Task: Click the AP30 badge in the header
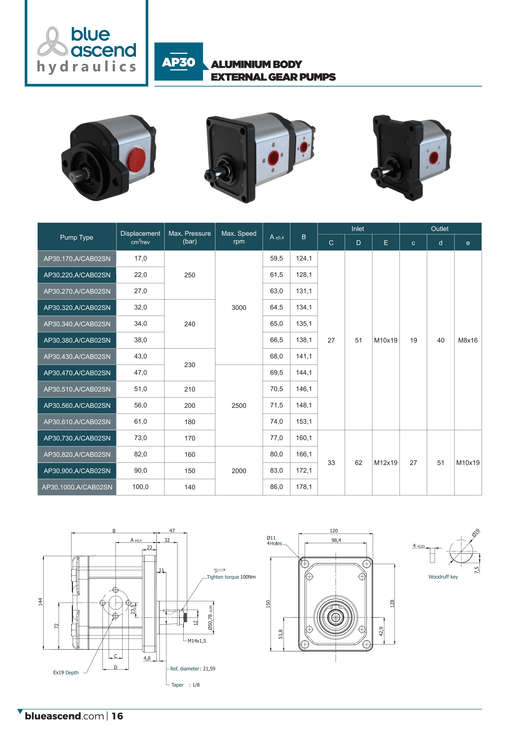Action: pyautogui.click(x=179, y=62)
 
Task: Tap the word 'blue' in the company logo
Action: pyautogui.click(x=90, y=34)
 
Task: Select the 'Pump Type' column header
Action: pyautogui.click(x=77, y=237)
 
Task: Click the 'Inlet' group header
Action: pyautogui.click(x=358, y=229)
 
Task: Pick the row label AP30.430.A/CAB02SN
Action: pyautogui.click(x=77, y=357)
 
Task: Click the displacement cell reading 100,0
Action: pyautogui.click(x=140, y=487)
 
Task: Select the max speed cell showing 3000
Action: pyautogui.click(x=239, y=308)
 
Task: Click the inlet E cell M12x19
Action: pyautogui.click(x=386, y=463)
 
